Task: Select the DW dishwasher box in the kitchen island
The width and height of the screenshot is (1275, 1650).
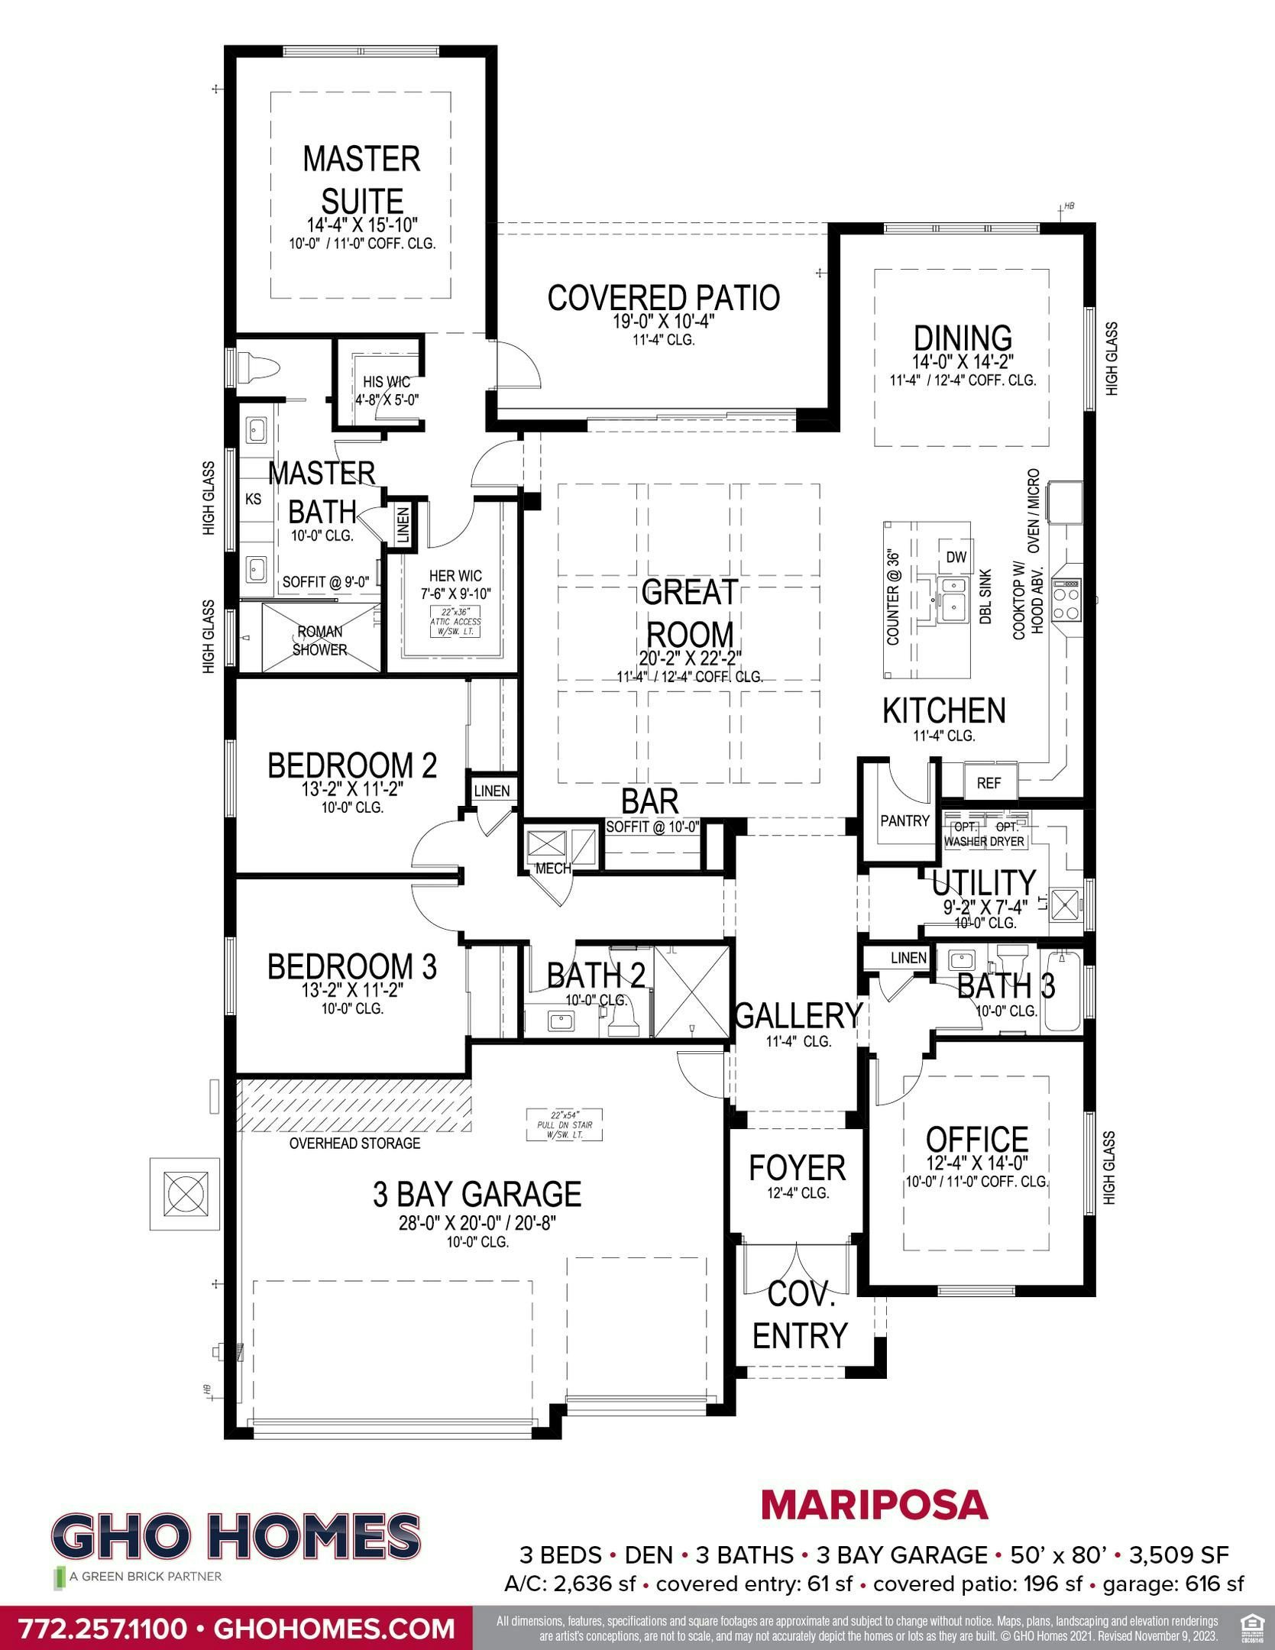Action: click(x=956, y=557)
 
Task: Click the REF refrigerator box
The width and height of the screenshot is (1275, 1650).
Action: click(x=989, y=783)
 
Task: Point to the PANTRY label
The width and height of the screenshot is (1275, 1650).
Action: click(x=904, y=820)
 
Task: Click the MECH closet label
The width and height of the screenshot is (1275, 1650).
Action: click(x=553, y=869)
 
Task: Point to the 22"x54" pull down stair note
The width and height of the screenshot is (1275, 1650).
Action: click(x=565, y=1124)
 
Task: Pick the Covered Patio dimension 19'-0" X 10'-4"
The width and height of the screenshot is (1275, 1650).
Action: click(x=664, y=322)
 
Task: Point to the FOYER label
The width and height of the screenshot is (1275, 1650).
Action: click(x=797, y=1168)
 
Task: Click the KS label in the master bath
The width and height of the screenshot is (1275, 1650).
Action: click(x=253, y=499)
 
